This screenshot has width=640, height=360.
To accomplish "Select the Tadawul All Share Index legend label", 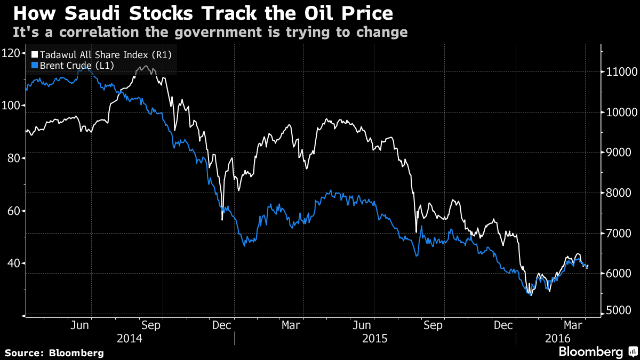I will point(105,55).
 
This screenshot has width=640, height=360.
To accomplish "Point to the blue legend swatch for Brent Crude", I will point(35,66).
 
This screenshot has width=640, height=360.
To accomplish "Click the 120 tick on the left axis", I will point(12,53).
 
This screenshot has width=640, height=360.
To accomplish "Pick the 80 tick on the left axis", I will point(12,158).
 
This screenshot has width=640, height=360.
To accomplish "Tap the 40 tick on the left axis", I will point(12,263).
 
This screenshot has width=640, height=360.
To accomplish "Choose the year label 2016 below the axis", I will point(559,338).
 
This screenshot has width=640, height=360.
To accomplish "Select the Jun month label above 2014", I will point(79,325).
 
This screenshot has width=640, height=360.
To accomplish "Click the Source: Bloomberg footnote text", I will point(54,353).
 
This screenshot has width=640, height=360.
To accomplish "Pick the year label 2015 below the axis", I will point(375,338).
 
